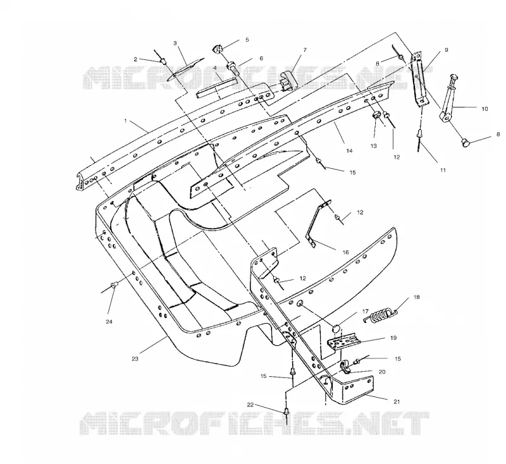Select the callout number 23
(135, 358)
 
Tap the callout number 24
(109, 322)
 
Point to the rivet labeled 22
(286, 412)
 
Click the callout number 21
(397, 401)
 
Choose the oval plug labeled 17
(336, 329)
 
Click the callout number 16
(345, 252)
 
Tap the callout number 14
(349, 150)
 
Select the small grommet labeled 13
(376, 115)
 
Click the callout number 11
(443, 170)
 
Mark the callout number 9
(447, 50)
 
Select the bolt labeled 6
(235, 69)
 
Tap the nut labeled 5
(218, 49)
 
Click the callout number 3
(175, 43)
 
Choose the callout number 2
(135, 59)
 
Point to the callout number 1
(125, 121)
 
